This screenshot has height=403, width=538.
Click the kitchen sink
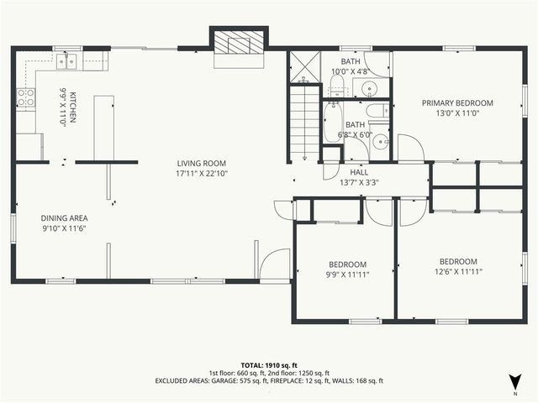tap(68, 60)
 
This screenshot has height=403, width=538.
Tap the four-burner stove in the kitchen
tap(26, 97)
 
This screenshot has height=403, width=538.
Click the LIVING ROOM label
tap(202, 163)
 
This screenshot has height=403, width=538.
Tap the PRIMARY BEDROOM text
tap(456, 103)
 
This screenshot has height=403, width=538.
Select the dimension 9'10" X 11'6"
tap(65, 228)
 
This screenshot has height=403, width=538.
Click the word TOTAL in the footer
tap(253, 365)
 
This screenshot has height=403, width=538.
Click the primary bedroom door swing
tap(409, 149)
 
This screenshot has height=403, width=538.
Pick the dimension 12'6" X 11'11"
tap(458, 272)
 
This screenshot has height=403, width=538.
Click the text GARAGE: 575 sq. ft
tap(242, 381)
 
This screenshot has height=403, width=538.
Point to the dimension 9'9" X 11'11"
tap(347, 273)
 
